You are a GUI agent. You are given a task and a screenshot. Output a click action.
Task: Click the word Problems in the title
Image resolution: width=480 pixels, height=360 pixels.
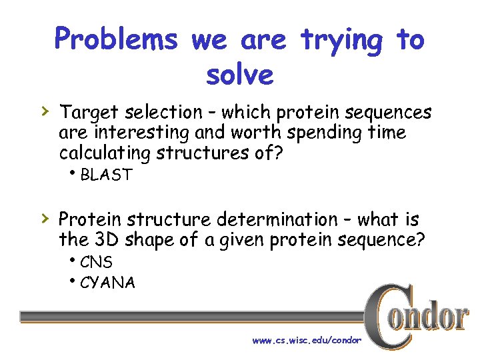pos(116,40)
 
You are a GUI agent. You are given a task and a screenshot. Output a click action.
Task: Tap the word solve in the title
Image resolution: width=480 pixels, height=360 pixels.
pos(240,75)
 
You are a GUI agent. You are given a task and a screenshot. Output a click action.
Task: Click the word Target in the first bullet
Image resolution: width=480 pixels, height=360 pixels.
pos(86,113)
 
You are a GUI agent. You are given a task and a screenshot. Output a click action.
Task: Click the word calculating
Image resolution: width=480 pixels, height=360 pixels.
pos(105,153)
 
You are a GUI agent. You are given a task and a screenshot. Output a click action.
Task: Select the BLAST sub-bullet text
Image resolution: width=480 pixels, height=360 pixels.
pos(106,176)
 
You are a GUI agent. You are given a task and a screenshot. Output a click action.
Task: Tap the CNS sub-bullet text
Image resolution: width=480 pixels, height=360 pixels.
pos(96,263)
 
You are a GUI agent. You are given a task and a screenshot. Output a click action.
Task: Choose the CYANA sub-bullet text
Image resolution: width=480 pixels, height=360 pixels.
pos(107,283)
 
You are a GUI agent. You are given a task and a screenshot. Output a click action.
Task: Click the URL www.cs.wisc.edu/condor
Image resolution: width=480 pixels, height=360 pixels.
pos(307,340)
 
